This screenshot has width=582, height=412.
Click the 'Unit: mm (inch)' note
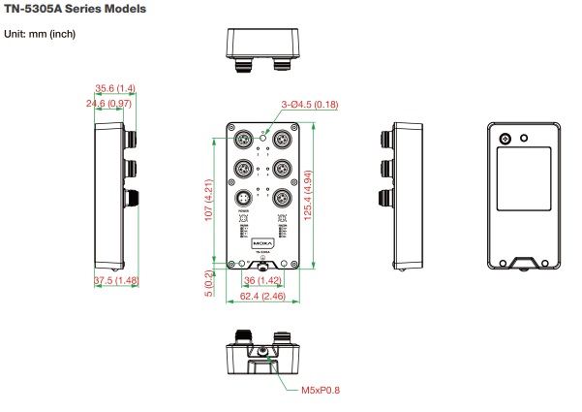[x=41, y=35]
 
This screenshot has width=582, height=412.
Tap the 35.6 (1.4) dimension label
[x=114, y=87]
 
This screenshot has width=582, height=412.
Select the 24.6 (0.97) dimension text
[x=108, y=103]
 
